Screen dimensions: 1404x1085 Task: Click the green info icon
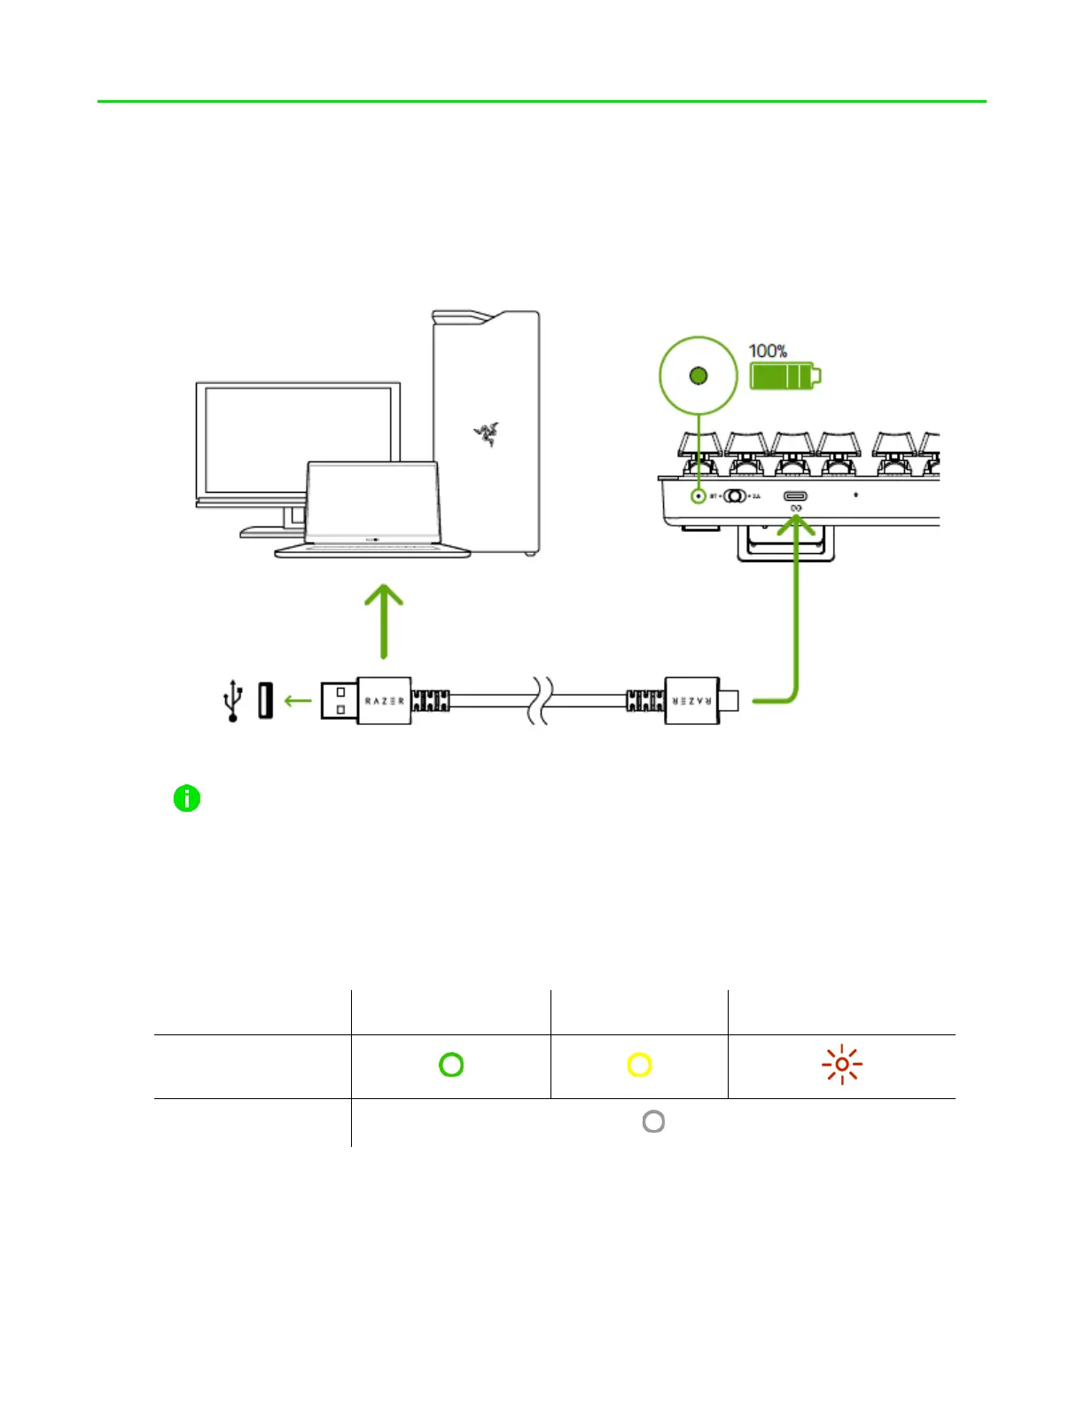[187, 799]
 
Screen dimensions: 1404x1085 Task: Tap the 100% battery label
[768, 351]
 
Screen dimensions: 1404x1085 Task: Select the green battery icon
[784, 376]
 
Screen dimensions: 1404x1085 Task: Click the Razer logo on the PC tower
[486, 433]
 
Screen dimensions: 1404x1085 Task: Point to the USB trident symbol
[232, 700]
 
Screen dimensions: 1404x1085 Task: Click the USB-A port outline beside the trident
[265, 700]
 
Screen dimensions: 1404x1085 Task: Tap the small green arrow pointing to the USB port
[298, 701]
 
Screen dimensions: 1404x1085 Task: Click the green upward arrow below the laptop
[384, 620]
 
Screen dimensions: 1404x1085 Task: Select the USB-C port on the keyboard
[795, 496]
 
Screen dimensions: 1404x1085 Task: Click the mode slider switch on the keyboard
[735, 496]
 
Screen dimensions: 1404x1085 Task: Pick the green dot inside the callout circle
[699, 376]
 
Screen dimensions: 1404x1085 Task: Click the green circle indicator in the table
[451, 1065]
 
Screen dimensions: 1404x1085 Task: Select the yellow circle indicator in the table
[639, 1065]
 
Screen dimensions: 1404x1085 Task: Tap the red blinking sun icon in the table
[841, 1065]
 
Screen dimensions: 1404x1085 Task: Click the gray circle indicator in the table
[653, 1121]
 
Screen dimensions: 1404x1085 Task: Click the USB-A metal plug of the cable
[339, 700]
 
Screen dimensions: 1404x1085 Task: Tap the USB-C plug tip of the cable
[730, 700]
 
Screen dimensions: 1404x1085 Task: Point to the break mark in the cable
[541, 700]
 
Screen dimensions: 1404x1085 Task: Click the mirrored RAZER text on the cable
[691, 700]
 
